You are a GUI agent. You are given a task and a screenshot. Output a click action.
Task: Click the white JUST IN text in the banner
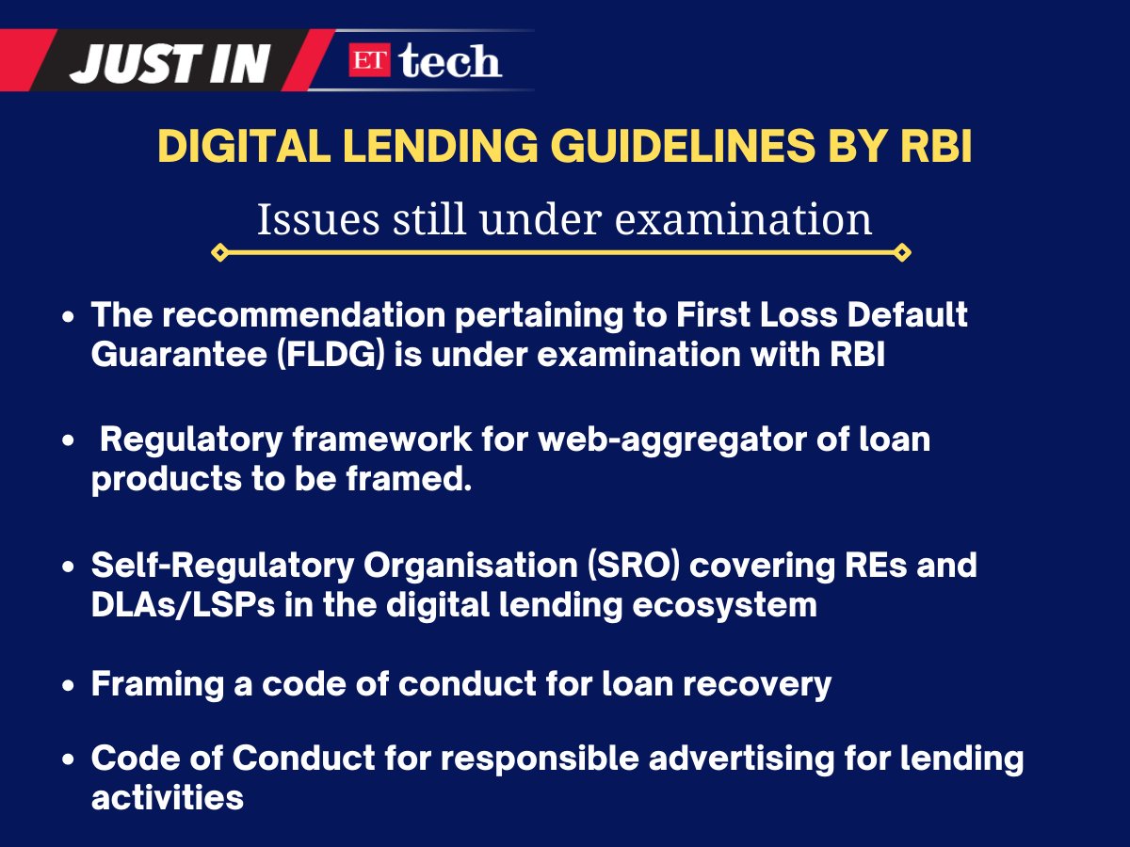[170, 62]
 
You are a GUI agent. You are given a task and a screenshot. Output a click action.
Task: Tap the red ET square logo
[371, 61]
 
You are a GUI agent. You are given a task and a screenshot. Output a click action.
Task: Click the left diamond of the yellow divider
[219, 252]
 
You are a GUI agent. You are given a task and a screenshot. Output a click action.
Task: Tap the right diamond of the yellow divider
[901, 252]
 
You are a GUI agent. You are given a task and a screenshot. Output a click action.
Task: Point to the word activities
[168, 797]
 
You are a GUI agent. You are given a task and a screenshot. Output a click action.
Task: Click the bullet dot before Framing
[69, 685]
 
